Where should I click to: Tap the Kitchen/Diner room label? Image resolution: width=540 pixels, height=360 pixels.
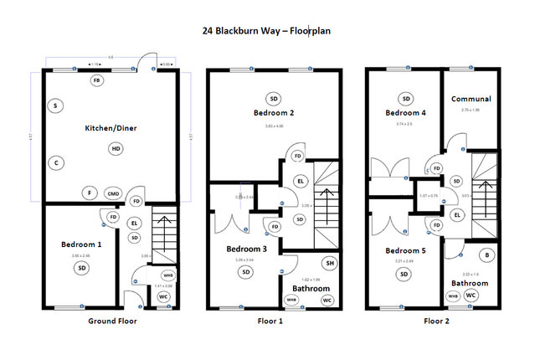tap(111, 128)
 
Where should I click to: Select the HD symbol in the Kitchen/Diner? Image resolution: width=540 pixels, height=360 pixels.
tap(115, 148)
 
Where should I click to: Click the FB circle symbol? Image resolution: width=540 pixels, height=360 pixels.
tap(97, 80)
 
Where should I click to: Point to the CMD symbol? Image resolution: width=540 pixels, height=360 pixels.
tap(113, 193)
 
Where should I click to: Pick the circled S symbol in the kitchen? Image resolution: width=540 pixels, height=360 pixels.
tap(55, 106)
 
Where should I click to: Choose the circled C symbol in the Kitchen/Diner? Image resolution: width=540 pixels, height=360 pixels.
tap(55, 162)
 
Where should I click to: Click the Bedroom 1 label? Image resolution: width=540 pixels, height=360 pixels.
tap(81, 244)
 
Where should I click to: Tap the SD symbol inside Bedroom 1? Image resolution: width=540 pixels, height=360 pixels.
tap(82, 268)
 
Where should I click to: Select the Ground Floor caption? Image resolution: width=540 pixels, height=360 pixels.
tap(111, 321)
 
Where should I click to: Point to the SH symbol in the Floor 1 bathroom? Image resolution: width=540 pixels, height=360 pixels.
tap(330, 264)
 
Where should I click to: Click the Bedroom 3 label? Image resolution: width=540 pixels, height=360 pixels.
tap(246, 249)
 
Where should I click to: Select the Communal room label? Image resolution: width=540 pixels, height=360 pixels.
tap(471, 98)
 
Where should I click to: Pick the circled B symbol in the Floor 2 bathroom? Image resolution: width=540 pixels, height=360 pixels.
tap(486, 255)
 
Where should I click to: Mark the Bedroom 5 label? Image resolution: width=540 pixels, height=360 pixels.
tap(405, 250)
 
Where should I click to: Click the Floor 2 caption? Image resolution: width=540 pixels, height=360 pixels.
tap(438, 321)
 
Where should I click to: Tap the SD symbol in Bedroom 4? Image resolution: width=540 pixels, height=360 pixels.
tap(406, 97)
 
